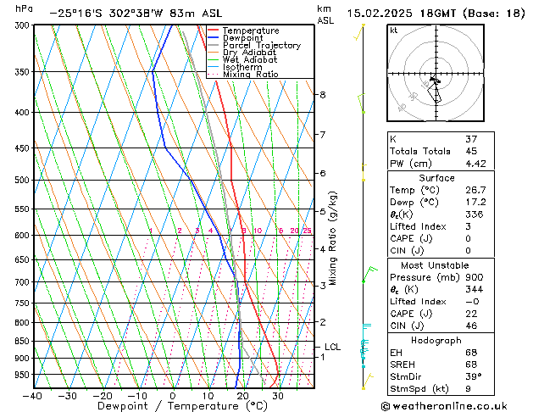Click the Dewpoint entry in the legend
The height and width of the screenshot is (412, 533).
[x=247, y=38]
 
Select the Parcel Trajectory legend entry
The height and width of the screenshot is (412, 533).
[x=261, y=46]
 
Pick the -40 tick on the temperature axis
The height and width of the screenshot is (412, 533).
[x=32, y=396]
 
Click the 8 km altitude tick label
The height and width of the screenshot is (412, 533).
[x=322, y=95]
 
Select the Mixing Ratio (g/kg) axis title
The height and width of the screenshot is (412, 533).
[x=334, y=238]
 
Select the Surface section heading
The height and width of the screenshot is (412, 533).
[x=436, y=178]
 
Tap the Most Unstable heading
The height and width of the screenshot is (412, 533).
[x=436, y=265]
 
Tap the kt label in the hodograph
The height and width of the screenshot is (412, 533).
[x=393, y=31]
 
